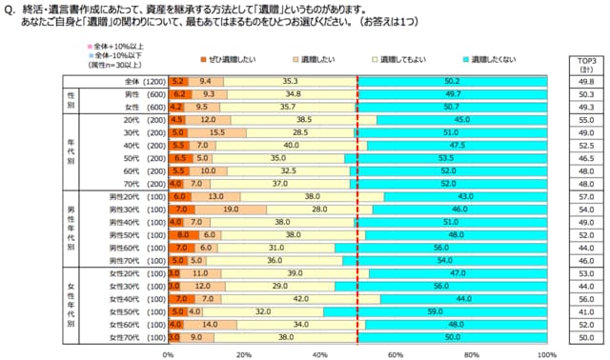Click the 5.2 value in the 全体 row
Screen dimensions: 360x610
pyautogui.click(x=177, y=82)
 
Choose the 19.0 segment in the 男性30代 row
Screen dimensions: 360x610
pyautogui.click(x=231, y=208)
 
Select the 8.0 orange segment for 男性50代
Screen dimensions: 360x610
pyautogui.click(x=183, y=233)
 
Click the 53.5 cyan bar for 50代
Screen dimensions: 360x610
pyautogui.click(x=445, y=157)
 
